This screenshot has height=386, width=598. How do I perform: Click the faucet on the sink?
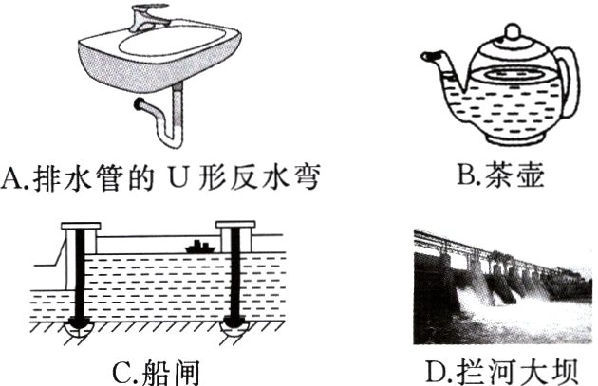coord(152,16)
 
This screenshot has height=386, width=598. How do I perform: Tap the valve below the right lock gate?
coord(233,327)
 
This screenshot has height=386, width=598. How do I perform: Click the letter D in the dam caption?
coord(439,369)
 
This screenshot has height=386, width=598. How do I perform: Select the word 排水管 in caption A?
coord(77,176)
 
